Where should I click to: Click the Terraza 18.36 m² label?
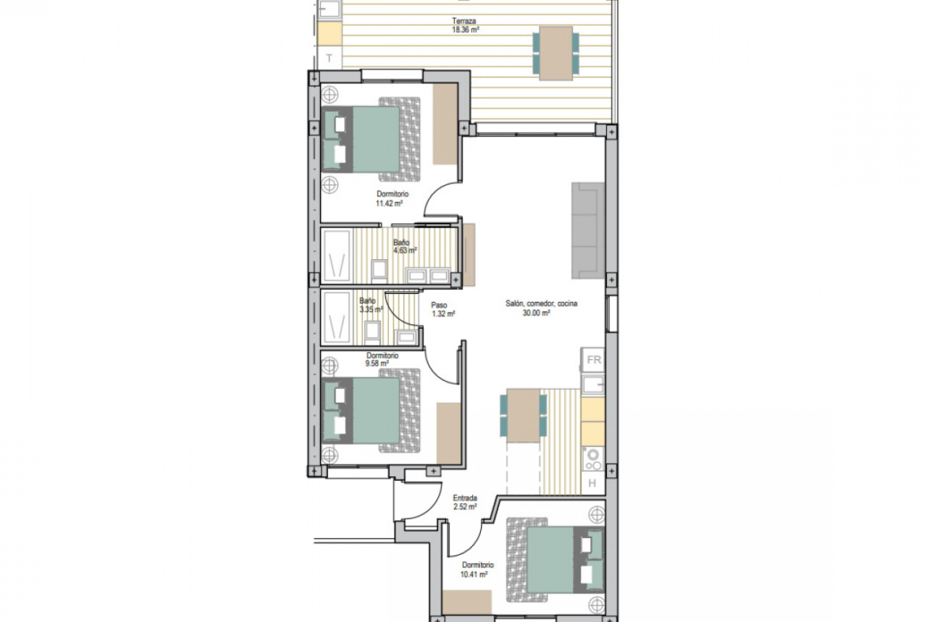coord(465,25)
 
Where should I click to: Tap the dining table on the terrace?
coord(555,53)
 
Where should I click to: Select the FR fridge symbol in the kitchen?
coord(593,360)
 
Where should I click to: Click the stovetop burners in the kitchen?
coord(593,460)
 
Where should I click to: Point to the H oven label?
coord(593,483)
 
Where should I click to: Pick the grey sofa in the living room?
coord(588,230)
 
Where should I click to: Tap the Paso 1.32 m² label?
coord(443,310)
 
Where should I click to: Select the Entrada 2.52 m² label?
coord(464,502)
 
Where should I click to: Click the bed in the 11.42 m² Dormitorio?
coord(372,139)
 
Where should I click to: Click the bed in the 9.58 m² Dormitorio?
coord(372,411)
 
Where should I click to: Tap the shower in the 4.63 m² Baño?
coord(337,256)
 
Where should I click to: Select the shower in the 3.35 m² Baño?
coord(337,318)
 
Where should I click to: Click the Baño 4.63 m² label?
coord(405,246)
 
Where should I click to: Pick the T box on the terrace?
coord(330,58)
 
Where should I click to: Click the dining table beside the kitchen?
coord(523,416)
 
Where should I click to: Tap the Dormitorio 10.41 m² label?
coord(476,570)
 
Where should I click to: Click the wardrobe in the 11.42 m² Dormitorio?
coord(445,124)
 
